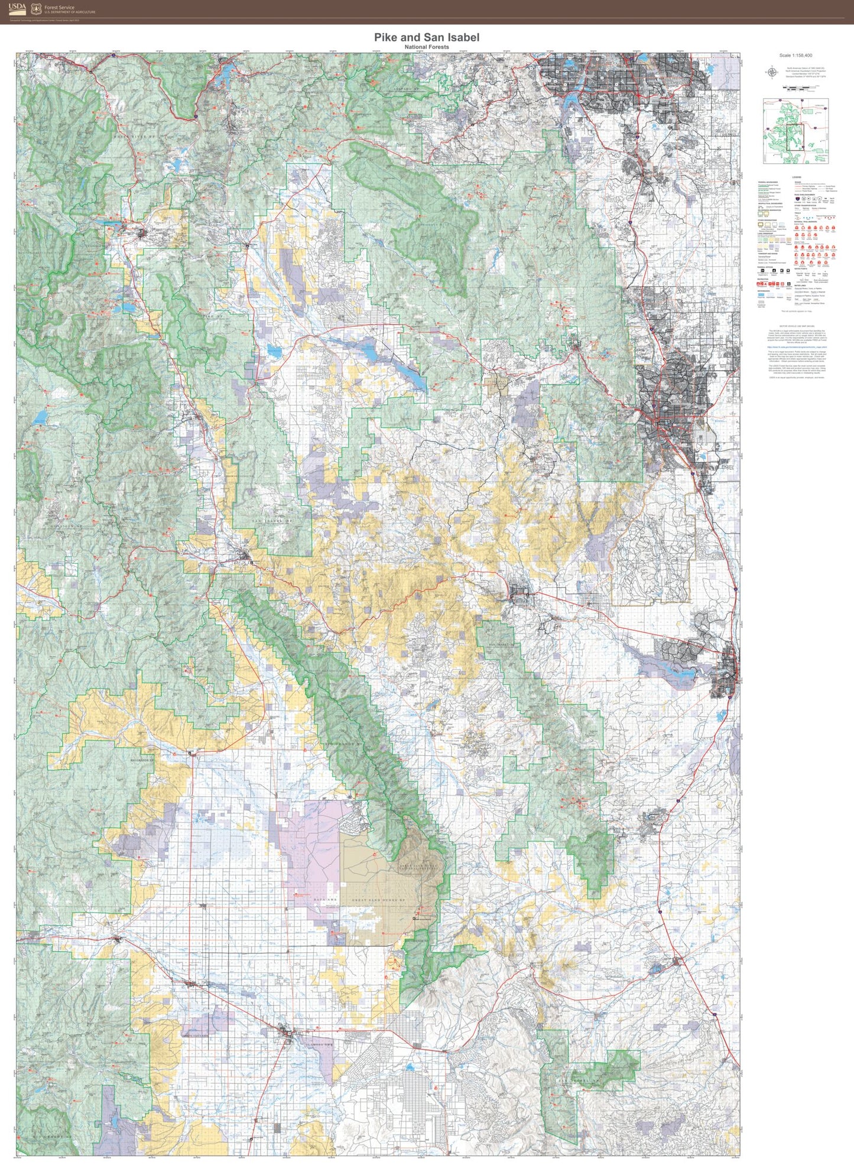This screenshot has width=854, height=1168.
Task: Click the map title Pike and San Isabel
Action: point(427,37)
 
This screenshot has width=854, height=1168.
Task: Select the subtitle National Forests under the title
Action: point(427,47)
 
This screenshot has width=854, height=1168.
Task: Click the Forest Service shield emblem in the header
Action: point(36,9)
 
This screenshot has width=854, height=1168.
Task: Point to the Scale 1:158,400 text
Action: point(795,56)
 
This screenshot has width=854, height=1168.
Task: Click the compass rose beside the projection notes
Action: point(772,73)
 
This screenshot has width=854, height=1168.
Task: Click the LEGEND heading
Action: point(796,177)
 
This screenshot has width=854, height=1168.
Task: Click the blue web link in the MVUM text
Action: point(796,347)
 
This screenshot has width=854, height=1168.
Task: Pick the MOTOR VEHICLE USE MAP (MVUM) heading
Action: point(796,326)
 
